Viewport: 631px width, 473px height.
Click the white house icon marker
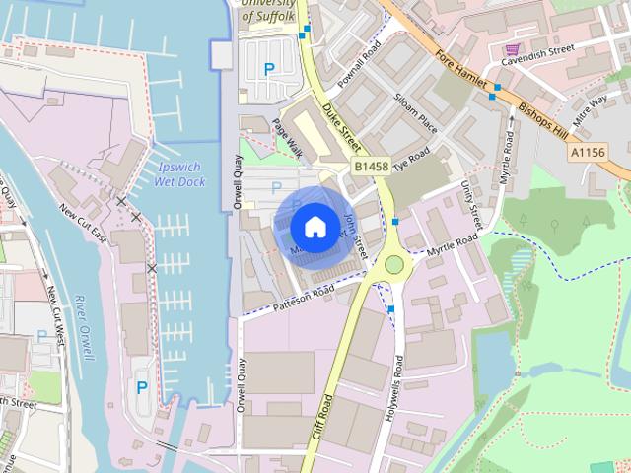click(314, 227)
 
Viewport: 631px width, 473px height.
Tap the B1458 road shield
click(372, 168)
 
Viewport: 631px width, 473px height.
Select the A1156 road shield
click(587, 154)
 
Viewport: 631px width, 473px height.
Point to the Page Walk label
click(287, 143)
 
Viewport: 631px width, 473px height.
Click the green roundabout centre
click(394, 263)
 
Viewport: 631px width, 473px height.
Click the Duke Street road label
click(345, 127)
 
